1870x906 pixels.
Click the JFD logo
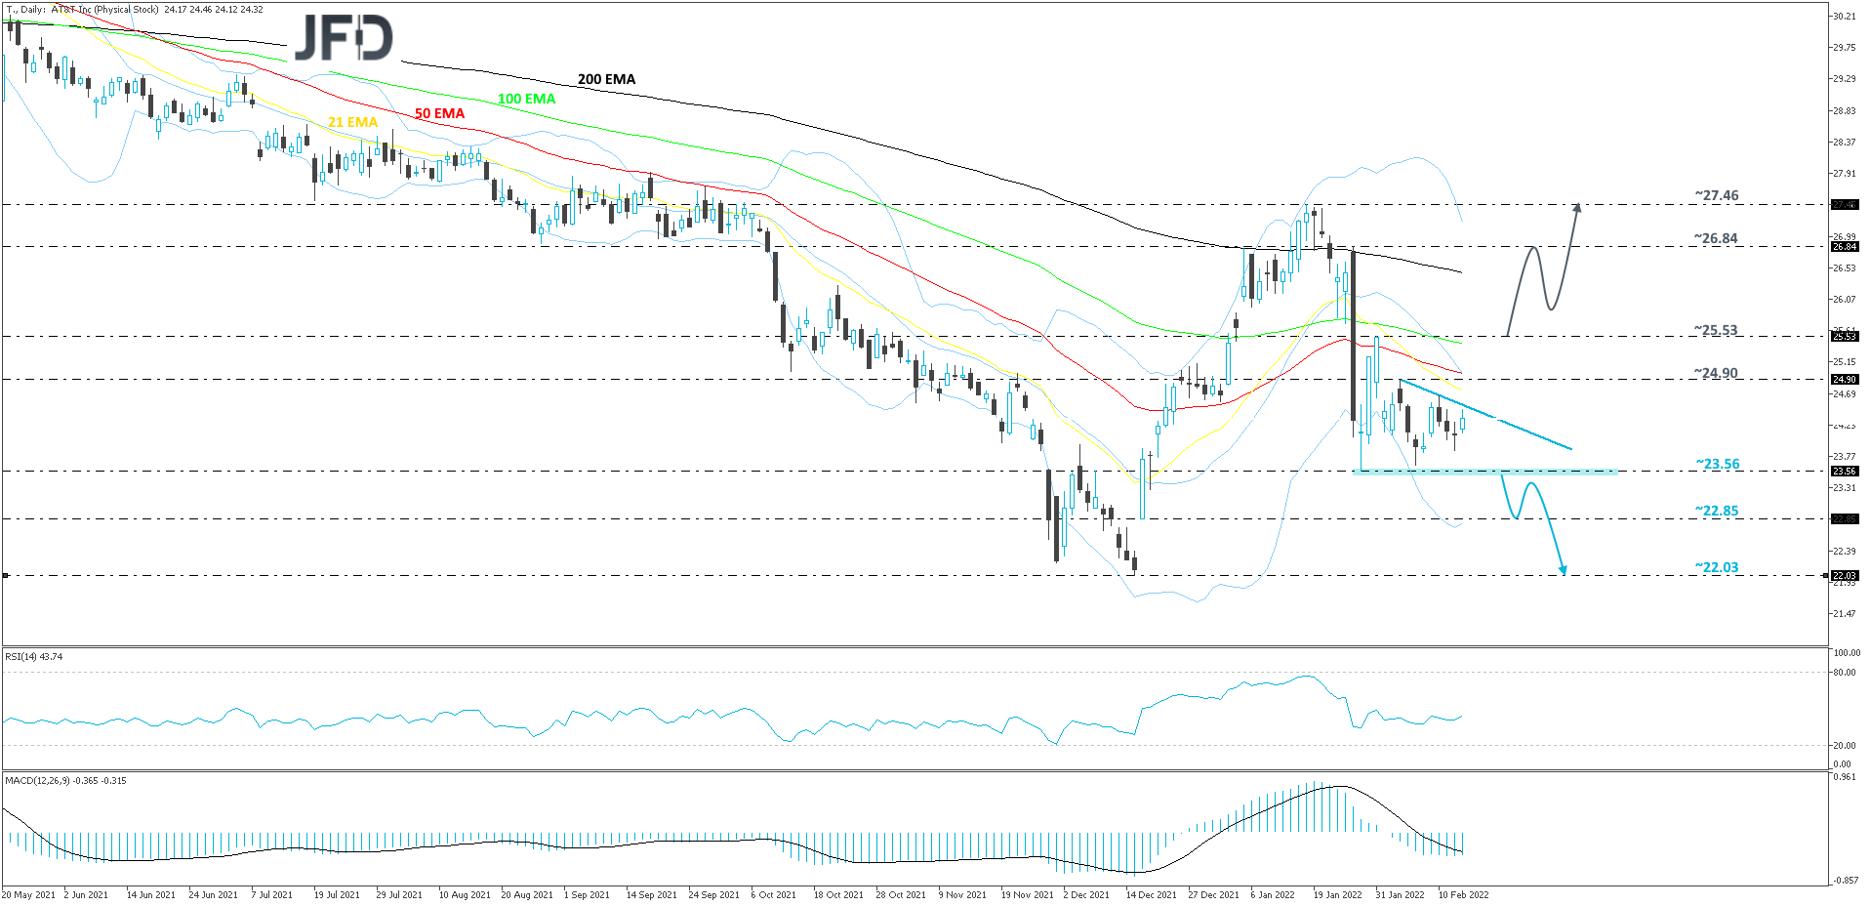(344, 38)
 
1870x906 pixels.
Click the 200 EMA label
(606, 79)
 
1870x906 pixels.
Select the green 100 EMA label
(526, 99)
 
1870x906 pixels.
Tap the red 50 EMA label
(439, 113)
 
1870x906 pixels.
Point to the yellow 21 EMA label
(352, 122)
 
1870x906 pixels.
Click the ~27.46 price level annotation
(1716, 195)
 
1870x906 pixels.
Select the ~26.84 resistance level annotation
(1716, 238)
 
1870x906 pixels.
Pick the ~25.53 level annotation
(1716, 330)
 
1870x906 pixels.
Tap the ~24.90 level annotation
(1716, 373)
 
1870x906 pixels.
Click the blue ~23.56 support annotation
(1717, 464)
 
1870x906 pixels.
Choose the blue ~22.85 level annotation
(1716, 511)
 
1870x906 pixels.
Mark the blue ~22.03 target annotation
(1716, 567)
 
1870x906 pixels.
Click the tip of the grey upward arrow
(1577, 204)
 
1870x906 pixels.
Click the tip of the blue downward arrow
(1565, 574)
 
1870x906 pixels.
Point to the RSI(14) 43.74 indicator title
(34, 657)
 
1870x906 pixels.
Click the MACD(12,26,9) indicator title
(65, 781)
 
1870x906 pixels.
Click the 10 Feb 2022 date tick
(1463, 894)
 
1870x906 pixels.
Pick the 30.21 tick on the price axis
(1844, 17)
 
